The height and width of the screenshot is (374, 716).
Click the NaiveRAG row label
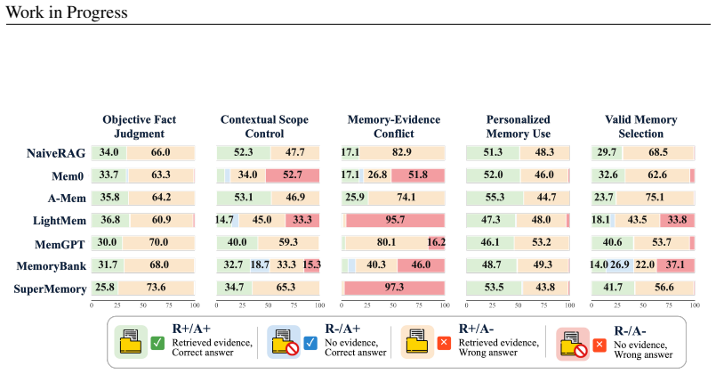pos(56,152)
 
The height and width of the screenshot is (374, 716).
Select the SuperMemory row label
pos(50,289)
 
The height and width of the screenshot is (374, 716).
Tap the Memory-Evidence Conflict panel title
pos(394,126)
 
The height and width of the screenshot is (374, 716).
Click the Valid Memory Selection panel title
pos(640,126)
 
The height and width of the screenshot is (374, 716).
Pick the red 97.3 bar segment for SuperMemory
pos(395,288)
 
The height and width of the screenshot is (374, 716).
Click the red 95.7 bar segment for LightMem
pos(395,220)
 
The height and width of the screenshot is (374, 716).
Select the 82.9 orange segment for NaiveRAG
pos(402,152)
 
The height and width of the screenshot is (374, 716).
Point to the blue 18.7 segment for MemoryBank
pos(260,265)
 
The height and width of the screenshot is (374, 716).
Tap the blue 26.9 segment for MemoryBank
pos(620,265)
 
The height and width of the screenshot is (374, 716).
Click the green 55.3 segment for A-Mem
pos(495,198)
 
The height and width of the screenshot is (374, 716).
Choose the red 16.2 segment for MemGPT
pos(436,243)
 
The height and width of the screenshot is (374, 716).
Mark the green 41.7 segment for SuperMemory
pos(613,288)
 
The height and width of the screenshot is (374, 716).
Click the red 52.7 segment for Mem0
pos(293,175)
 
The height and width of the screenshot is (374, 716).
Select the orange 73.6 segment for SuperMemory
pos(157,288)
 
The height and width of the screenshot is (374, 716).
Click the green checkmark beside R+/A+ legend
pos(157,343)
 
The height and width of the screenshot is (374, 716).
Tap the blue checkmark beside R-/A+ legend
pos(310,343)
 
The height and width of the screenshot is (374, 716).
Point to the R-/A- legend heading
pos(630,331)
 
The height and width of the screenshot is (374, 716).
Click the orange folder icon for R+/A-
pos(417,342)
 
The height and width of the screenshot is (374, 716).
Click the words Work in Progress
pos(67,12)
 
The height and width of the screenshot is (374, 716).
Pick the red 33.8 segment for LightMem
pos(677,220)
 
